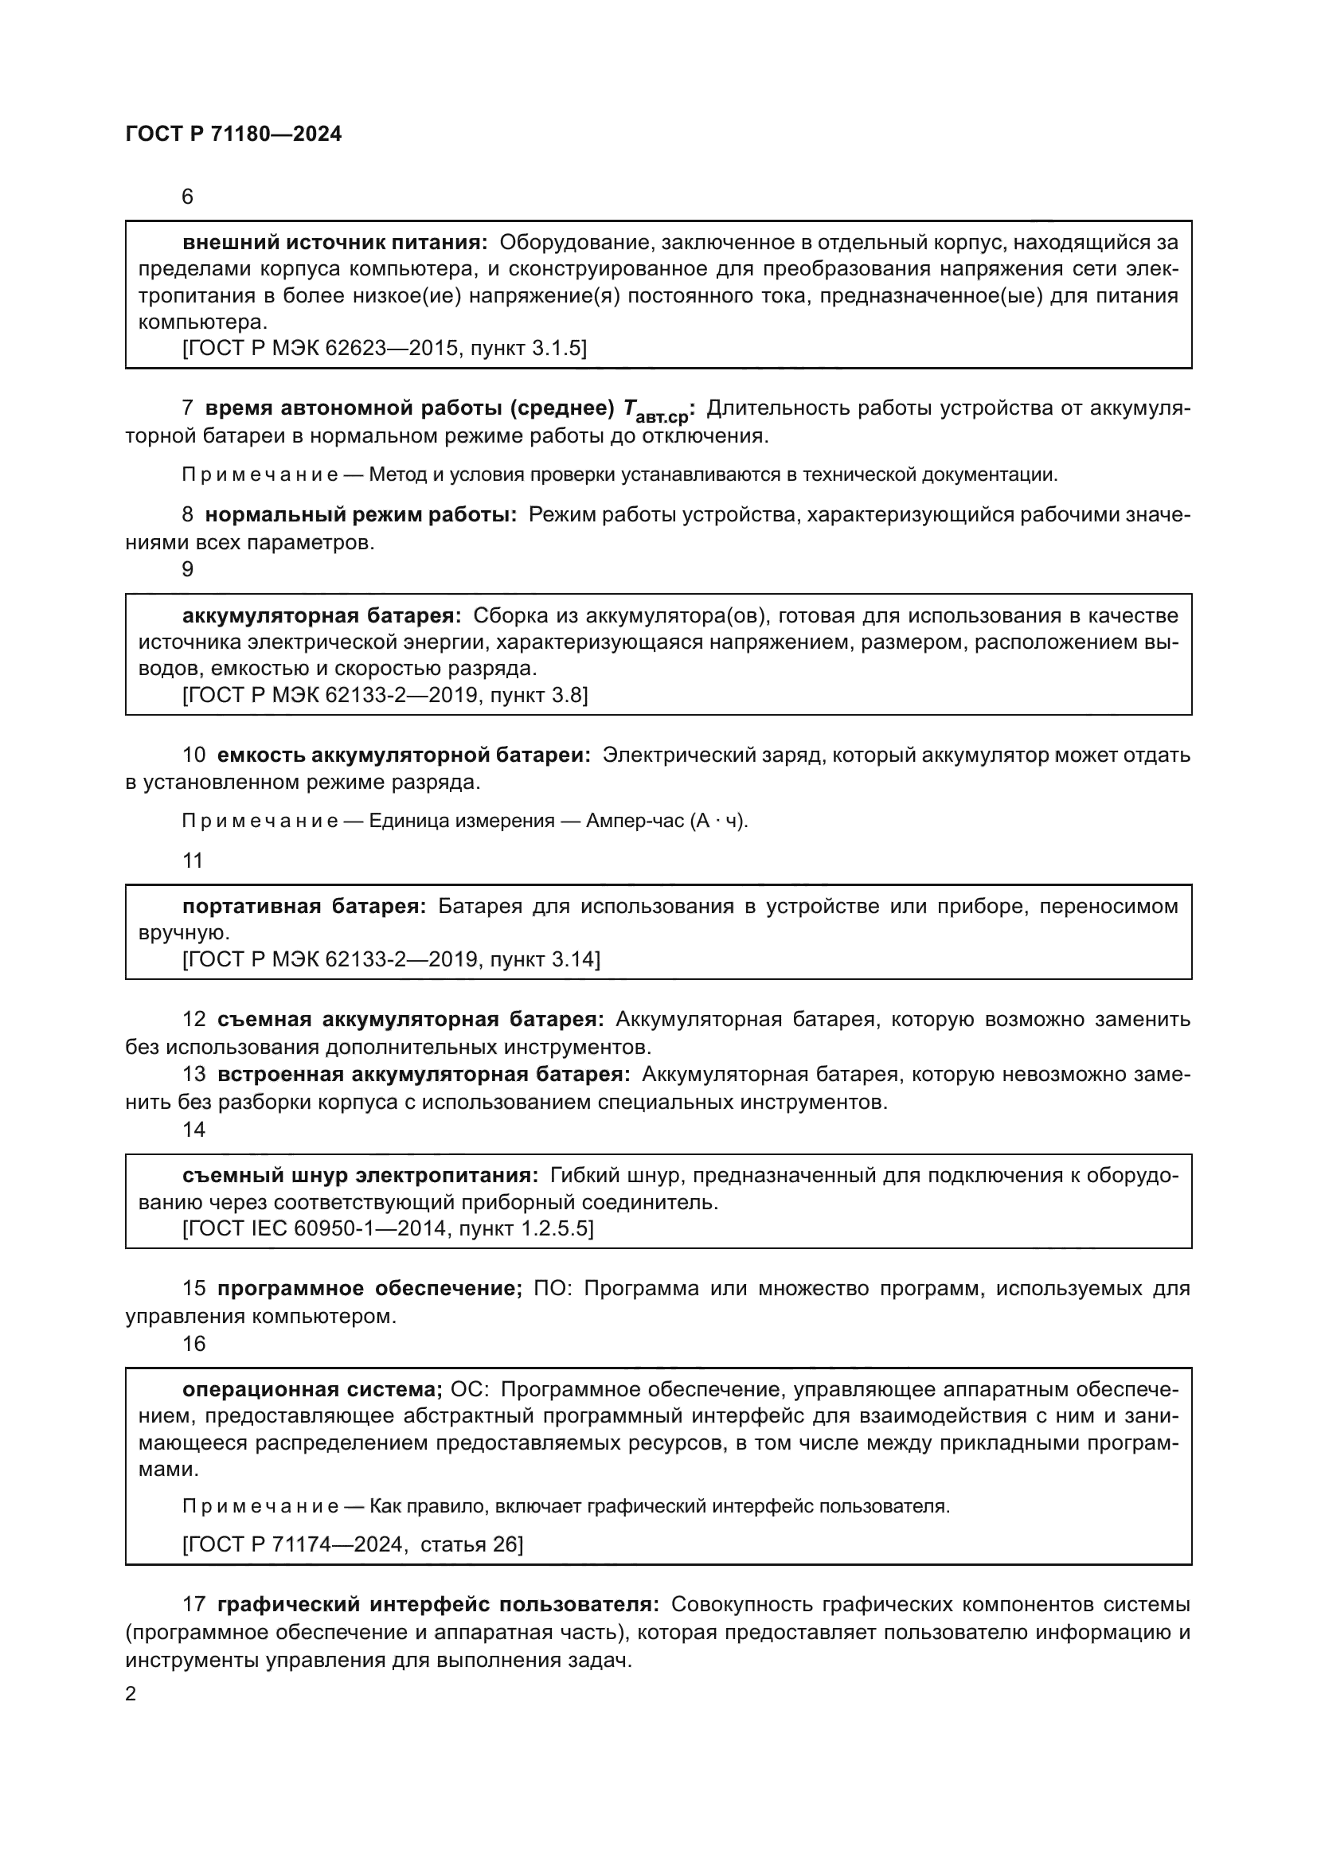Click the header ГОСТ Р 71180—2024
233,135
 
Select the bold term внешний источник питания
335,243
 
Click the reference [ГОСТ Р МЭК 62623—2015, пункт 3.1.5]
385,348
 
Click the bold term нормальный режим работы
360,515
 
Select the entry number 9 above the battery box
187,569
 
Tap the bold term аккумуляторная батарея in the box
321,615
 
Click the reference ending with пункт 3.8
385,695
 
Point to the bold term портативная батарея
303,906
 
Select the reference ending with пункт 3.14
391,959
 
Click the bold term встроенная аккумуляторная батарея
424,1075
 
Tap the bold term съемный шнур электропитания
360,1175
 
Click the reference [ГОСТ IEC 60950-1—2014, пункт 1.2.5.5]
388,1228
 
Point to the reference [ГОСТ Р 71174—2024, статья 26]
353,1544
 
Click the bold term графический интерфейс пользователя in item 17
438,1604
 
